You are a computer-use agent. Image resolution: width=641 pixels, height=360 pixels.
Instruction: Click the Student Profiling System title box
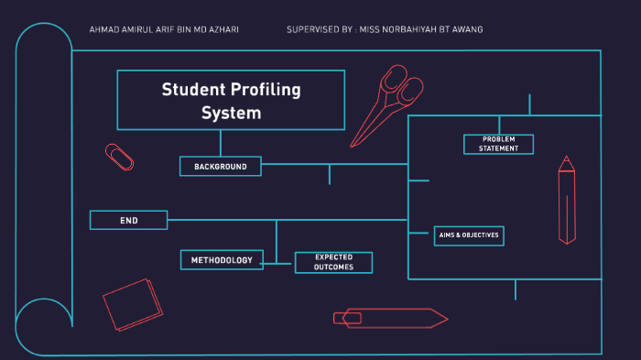click(x=231, y=100)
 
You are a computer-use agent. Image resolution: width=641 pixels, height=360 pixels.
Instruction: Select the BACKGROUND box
click(x=221, y=166)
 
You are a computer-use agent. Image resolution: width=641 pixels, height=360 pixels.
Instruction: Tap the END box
click(x=128, y=220)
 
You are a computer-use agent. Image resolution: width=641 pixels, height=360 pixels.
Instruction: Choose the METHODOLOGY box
click(x=222, y=260)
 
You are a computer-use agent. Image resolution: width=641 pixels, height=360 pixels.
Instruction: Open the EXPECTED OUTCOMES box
click(x=333, y=262)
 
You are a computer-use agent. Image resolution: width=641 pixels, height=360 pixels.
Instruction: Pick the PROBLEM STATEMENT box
click(x=498, y=144)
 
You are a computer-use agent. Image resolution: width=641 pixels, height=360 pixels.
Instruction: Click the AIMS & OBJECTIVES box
click(x=468, y=235)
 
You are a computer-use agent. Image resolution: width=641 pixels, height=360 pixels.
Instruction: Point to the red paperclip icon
click(x=120, y=157)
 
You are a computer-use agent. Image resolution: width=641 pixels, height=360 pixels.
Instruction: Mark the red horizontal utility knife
click(x=389, y=318)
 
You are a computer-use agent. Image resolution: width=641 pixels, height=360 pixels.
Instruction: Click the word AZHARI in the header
click(x=223, y=30)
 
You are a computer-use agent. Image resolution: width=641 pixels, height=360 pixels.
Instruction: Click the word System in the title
click(x=231, y=114)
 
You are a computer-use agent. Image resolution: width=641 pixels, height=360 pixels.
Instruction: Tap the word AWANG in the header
click(x=469, y=30)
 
